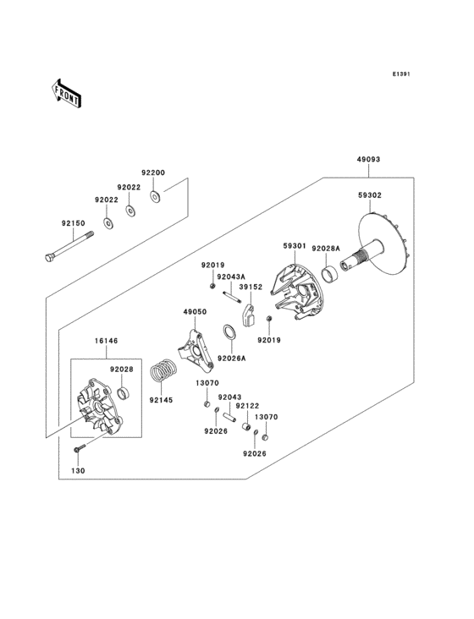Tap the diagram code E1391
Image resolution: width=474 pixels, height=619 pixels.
click(x=401, y=74)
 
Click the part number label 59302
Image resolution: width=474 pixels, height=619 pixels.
click(x=393, y=195)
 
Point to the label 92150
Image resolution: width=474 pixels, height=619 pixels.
click(x=73, y=223)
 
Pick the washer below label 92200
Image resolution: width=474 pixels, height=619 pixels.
click(x=156, y=198)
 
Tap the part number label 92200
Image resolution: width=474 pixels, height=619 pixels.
click(x=152, y=173)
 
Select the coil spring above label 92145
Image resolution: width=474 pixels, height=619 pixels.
click(x=163, y=371)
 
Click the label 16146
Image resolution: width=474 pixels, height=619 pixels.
click(x=106, y=341)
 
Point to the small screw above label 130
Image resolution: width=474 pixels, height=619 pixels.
click(x=79, y=447)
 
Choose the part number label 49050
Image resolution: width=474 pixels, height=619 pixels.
click(x=196, y=312)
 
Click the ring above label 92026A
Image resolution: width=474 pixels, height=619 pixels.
click(x=229, y=331)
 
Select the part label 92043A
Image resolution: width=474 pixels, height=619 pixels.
click(x=230, y=277)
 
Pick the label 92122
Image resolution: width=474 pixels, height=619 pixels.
click(x=247, y=406)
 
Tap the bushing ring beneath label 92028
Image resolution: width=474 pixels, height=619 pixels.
click(x=124, y=394)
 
